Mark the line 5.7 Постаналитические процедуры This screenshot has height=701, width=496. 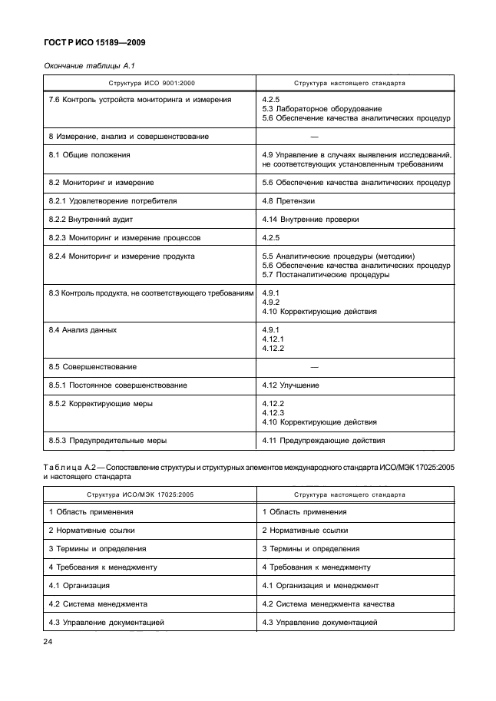(326, 275)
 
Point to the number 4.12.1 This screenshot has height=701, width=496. (273, 339)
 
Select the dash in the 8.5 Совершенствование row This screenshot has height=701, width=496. (313, 367)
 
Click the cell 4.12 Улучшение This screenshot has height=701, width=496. (290, 385)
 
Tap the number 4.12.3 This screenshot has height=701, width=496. (273, 413)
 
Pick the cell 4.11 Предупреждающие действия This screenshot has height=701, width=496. (323, 441)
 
